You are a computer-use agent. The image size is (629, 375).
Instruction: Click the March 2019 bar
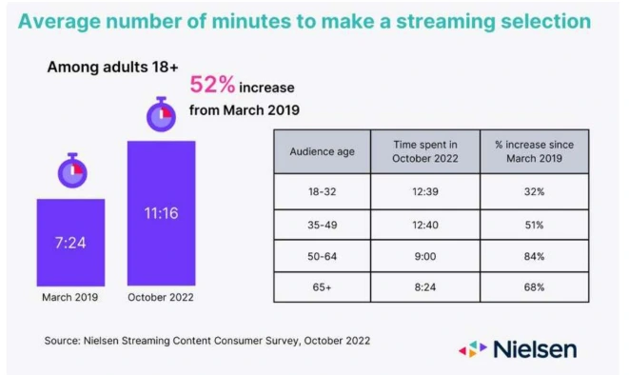click(70, 243)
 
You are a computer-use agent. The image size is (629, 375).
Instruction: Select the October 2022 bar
click(161, 213)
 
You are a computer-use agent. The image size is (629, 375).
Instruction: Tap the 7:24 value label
click(70, 243)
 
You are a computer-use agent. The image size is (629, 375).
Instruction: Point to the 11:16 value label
click(161, 213)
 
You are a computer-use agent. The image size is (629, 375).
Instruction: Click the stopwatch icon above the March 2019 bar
click(72, 170)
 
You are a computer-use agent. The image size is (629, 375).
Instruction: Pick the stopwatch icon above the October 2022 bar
click(161, 114)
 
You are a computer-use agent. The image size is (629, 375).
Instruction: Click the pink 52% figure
click(212, 85)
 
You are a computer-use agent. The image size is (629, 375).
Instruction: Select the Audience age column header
click(323, 151)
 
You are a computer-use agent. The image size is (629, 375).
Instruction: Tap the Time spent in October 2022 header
click(425, 151)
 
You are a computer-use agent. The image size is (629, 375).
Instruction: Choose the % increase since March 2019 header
click(535, 151)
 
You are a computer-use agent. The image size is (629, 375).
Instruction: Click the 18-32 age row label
click(323, 191)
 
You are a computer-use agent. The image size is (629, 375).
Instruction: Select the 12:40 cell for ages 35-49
click(425, 225)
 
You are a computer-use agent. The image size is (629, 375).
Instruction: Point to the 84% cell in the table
click(535, 256)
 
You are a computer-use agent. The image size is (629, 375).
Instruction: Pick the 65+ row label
click(323, 287)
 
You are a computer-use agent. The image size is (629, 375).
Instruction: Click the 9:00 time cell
click(425, 256)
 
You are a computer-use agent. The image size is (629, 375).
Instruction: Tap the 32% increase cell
click(535, 191)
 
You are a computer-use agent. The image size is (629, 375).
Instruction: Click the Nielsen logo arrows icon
click(473, 349)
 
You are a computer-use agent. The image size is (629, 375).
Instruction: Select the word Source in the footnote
click(61, 341)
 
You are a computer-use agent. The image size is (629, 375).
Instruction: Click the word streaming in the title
click(445, 22)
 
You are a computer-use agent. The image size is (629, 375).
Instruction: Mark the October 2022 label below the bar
click(161, 297)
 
